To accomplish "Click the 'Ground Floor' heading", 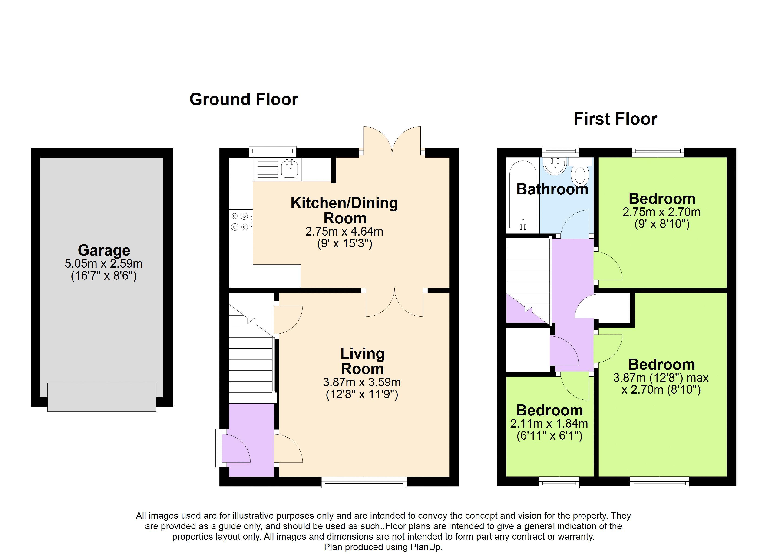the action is (x=244, y=100).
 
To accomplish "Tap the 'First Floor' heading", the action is (x=615, y=119).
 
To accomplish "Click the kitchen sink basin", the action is (x=290, y=169).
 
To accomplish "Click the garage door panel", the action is (x=102, y=397).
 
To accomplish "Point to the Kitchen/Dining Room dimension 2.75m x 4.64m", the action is (x=344, y=232).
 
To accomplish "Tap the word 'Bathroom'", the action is (x=552, y=189).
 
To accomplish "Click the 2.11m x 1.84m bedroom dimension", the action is (x=549, y=423).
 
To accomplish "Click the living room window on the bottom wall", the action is (x=364, y=482).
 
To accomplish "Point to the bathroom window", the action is (x=561, y=152).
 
